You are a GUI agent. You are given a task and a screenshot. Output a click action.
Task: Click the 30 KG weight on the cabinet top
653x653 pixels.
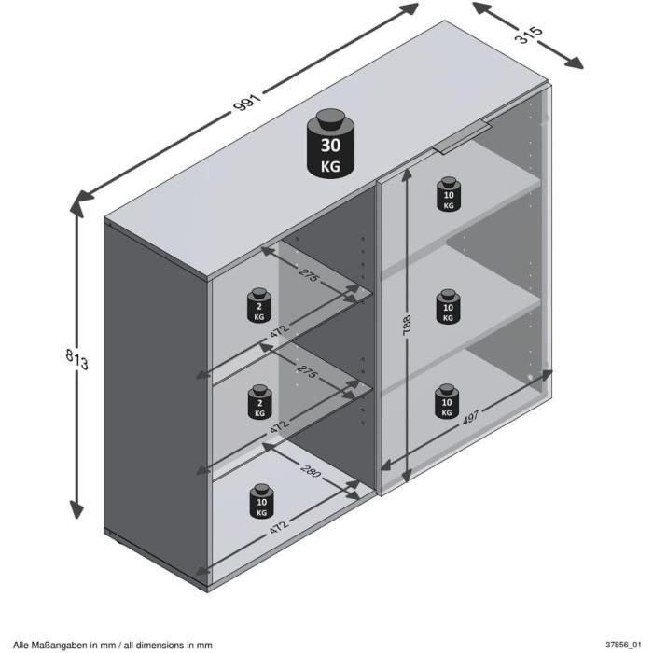click(329, 144)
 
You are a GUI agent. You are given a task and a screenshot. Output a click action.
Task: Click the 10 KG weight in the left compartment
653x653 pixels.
click(260, 502)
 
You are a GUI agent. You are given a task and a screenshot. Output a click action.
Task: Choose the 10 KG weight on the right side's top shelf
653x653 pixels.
click(448, 193)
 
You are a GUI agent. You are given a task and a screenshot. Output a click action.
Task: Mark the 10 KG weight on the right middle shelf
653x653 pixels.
click(448, 307)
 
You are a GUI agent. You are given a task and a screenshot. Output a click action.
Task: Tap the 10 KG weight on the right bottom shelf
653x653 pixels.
click(447, 401)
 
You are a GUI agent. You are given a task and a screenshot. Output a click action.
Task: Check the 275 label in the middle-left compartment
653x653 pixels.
click(308, 372)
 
